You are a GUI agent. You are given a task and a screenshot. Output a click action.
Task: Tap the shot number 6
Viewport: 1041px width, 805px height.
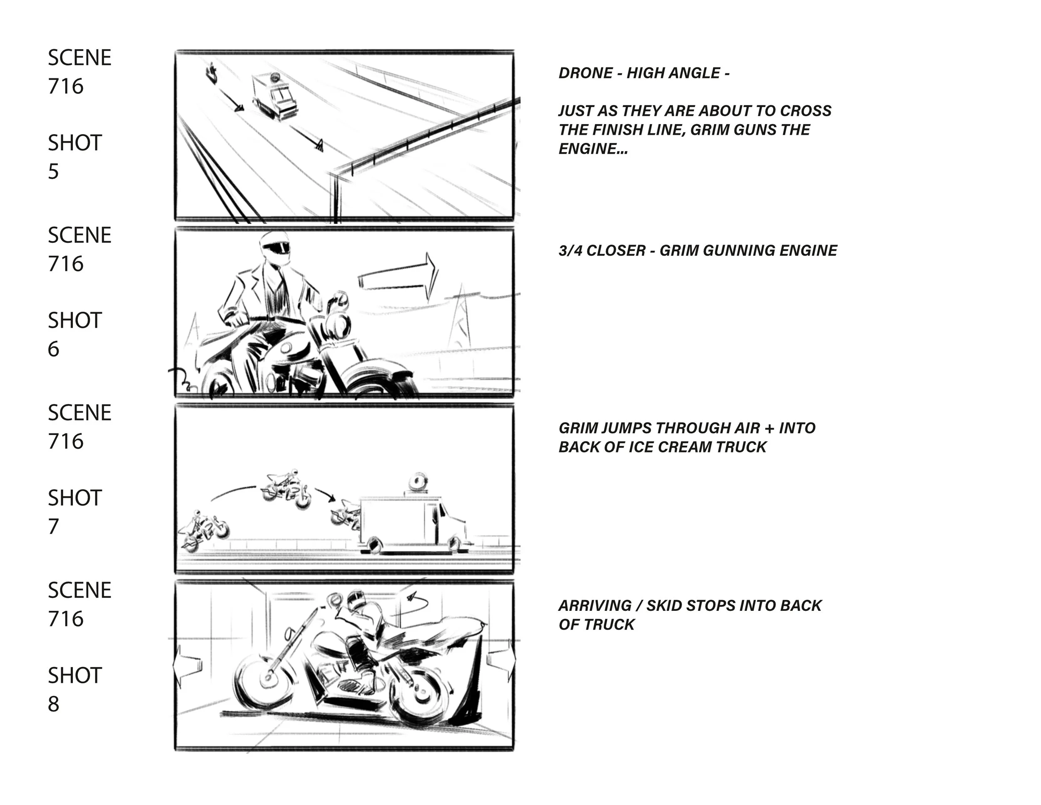tap(53, 349)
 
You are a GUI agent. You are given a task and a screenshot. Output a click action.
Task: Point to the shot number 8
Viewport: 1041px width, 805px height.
tap(53, 704)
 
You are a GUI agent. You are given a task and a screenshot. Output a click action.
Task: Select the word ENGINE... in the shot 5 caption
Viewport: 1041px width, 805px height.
tap(593, 149)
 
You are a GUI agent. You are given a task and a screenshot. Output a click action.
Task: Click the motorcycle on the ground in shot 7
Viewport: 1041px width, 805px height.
tap(205, 532)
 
